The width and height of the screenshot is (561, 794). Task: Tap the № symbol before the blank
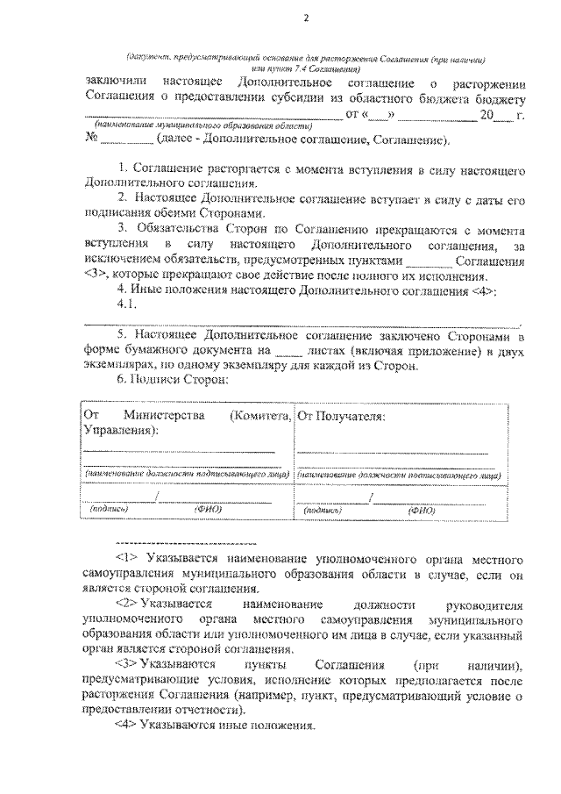click(x=90, y=139)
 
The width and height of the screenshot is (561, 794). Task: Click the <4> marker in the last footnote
click(x=128, y=726)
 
